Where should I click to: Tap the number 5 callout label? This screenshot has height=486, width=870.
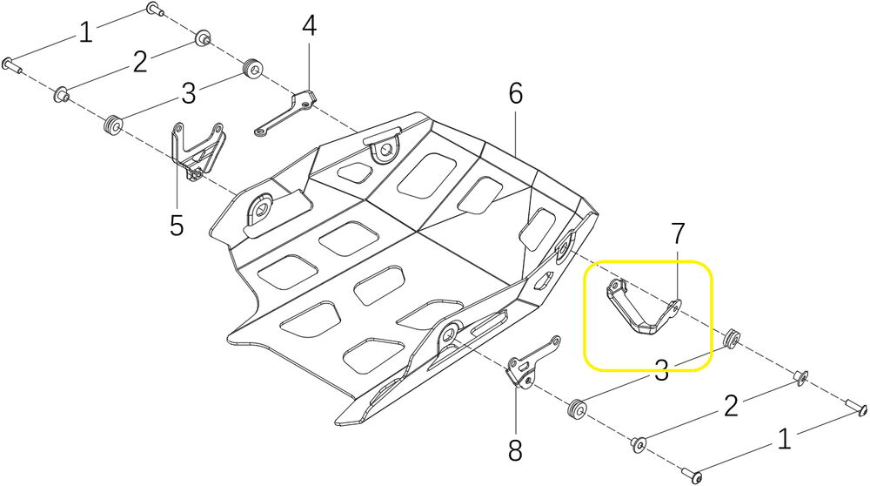coord(177,226)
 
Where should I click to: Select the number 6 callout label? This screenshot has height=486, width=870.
coord(516,94)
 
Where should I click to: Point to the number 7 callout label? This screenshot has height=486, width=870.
coord(678,233)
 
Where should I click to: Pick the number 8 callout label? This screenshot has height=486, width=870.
coord(515,450)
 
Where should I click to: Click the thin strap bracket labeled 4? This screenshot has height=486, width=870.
coord(287,112)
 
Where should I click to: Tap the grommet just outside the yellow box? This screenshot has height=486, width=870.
coord(731,336)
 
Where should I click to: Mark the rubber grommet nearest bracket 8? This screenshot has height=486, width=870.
coord(574,408)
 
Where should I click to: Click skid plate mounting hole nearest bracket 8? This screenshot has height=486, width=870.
coord(451,332)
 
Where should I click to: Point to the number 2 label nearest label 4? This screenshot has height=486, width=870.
coord(140,61)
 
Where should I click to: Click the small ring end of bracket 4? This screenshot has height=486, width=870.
coord(260,132)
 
